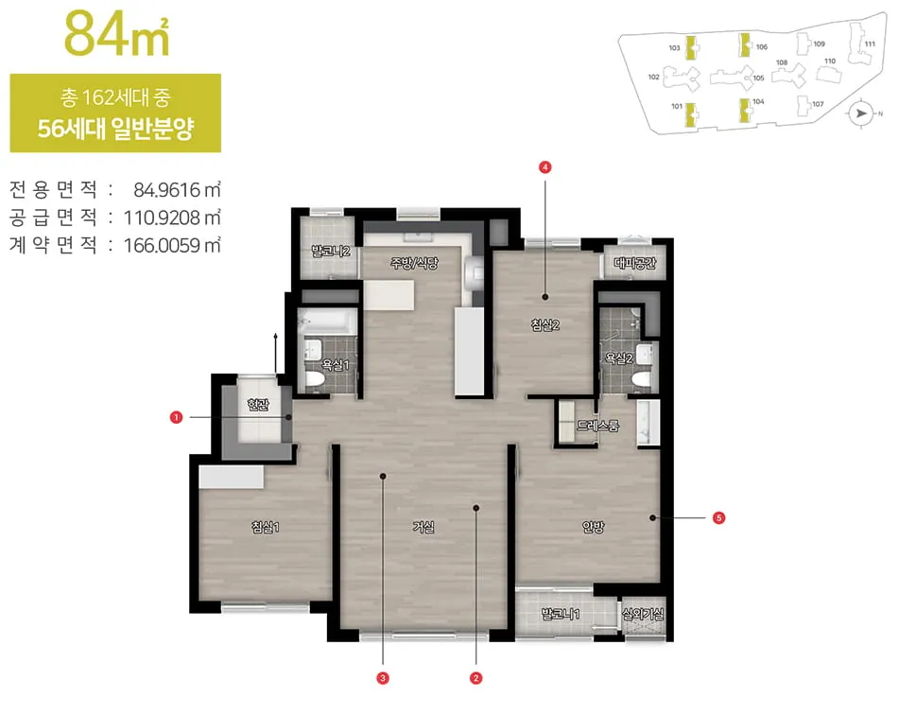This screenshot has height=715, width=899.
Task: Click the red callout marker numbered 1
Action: [x=176, y=417]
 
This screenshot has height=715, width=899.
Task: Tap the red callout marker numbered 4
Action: [x=545, y=167]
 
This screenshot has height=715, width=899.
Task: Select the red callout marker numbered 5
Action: [x=719, y=517]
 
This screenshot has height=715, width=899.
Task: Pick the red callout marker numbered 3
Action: [x=383, y=678]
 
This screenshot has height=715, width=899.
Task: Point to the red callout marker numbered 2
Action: [x=475, y=678]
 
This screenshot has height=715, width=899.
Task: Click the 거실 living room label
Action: [x=424, y=527]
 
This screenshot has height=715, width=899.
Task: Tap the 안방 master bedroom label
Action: [x=593, y=527]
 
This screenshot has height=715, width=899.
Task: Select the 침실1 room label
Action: [x=265, y=527]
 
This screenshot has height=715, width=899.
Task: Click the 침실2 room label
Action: [x=545, y=324]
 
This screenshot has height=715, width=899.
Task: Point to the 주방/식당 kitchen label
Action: [x=414, y=263]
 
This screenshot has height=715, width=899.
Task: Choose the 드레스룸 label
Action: [x=597, y=426]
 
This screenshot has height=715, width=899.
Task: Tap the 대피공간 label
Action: [x=634, y=263]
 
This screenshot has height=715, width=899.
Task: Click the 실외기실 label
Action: [x=643, y=614]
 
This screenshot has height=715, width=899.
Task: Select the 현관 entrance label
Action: [x=258, y=405]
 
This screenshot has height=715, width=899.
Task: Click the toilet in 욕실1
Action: [x=314, y=379]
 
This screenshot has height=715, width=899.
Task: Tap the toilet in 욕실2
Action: [x=642, y=378]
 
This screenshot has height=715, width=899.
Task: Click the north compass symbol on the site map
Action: [x=860, y=113]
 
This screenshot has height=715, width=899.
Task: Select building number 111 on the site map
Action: [x=870, y=44]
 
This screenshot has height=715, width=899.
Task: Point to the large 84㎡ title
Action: [x=117, y=34]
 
